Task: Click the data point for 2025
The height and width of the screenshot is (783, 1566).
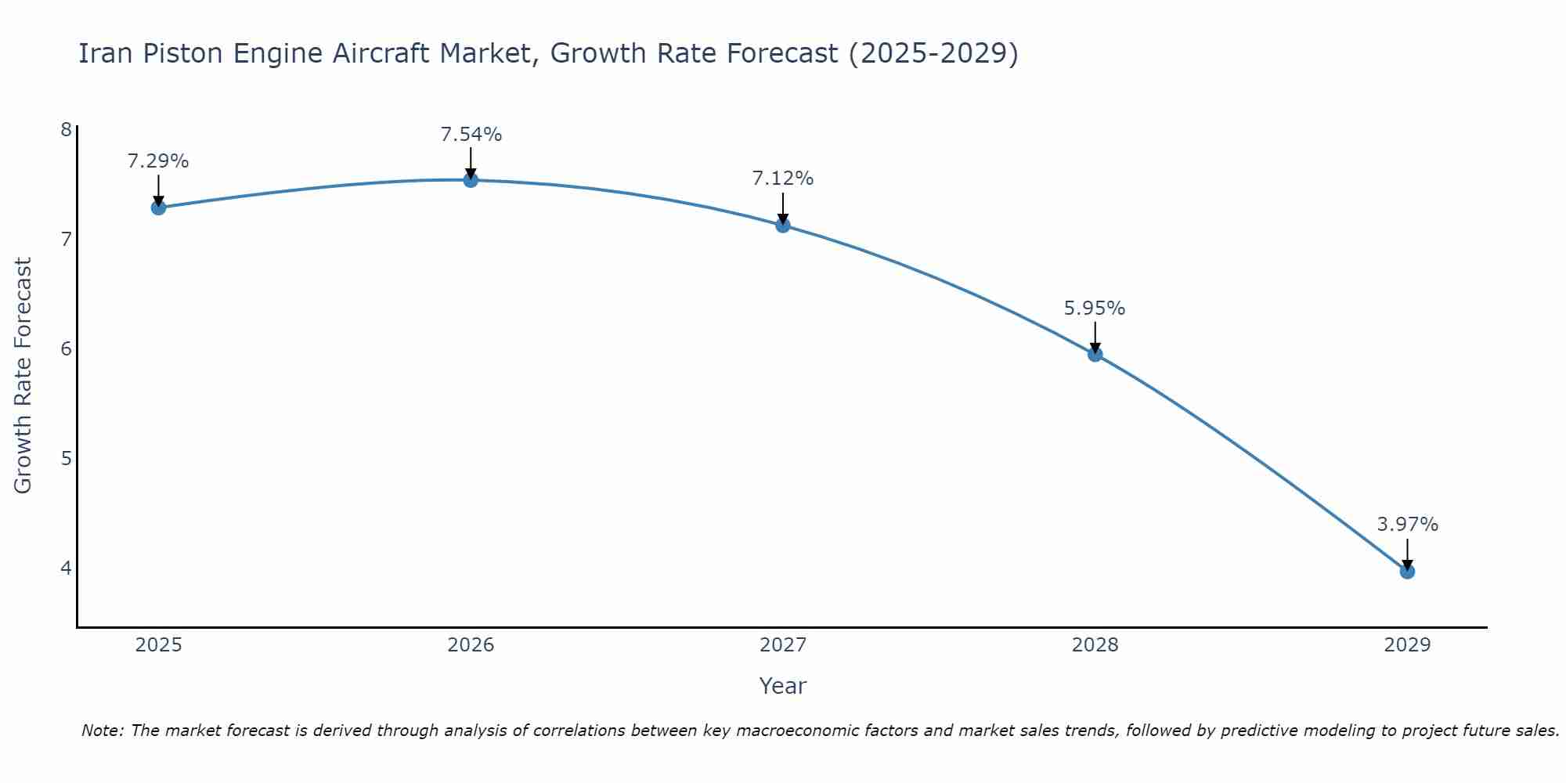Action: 158,207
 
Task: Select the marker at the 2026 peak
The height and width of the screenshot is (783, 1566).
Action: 471,180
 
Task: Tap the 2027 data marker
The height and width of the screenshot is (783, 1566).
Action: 783,226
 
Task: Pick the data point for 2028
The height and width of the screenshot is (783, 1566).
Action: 1095,354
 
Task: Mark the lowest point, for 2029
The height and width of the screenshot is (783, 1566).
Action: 1407,572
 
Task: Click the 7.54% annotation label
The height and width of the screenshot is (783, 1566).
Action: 471,135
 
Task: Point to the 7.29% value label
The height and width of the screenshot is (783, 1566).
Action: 158,161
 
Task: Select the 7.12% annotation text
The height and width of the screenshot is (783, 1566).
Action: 783,179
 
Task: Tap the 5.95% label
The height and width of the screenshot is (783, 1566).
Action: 1095,309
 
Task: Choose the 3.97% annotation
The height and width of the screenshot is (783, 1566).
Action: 1407,525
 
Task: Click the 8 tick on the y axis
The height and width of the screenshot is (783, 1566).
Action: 66,129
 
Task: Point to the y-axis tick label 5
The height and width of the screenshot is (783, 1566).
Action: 66,458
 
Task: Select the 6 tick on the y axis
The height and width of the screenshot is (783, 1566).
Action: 66,348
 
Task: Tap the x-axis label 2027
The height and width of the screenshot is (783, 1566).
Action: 783,645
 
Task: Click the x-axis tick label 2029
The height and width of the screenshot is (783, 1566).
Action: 1407,645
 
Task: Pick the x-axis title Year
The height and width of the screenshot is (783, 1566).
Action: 783,686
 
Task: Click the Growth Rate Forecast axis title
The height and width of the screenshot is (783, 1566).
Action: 23,376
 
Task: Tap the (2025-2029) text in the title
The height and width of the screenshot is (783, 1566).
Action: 933,53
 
